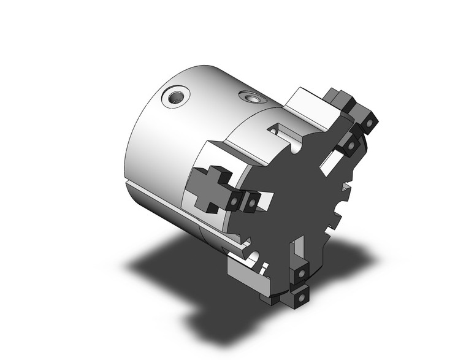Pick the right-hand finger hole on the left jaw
251,201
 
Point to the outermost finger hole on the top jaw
368,124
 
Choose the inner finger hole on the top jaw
350,145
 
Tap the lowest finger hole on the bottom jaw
301,296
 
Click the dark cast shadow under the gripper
184,270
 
